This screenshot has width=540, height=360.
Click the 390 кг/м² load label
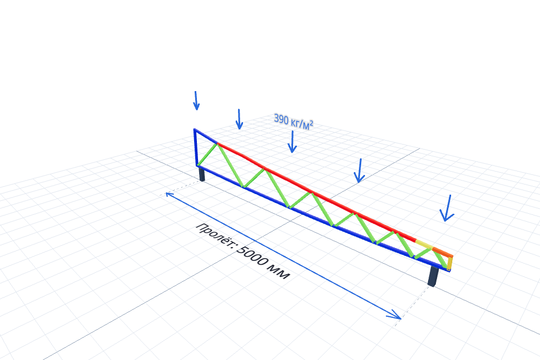[294, 121]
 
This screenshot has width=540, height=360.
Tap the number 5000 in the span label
[254, 257]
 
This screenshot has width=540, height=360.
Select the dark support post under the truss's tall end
[202, 174]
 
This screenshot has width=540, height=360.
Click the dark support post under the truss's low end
[433, 276]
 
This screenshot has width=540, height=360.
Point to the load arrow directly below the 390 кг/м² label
[292, 142]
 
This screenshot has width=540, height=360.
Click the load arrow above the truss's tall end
[196, 101]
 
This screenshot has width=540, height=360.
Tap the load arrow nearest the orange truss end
[447, 208]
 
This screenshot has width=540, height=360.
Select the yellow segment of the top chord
[424, 245]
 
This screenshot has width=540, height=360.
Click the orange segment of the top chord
[443, 252]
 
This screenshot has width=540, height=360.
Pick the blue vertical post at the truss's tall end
[196, 147]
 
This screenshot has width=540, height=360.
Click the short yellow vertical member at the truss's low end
[450, 263]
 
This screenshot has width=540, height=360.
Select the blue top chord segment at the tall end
[206, 136]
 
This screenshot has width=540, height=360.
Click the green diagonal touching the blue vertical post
[208, 155]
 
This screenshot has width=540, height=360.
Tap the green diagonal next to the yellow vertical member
[440, 260]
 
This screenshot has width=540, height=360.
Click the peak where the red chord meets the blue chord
[218, 143]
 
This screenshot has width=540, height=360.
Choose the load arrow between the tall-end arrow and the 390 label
[239, 119]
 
